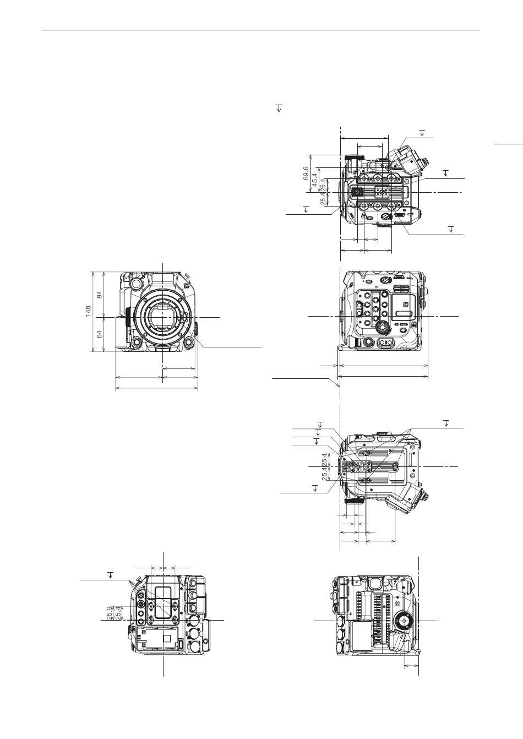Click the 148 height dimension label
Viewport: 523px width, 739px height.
click(x=88, y=312)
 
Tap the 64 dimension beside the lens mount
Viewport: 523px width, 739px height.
click(x=99, y=334)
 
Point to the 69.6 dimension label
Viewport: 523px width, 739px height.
click(x=306, y=173)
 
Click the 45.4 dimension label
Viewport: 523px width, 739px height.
click(x=315, y=180)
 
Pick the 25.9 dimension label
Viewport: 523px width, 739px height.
click(x=110, y=613)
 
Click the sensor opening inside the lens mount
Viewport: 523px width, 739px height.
click(x=162, y=317)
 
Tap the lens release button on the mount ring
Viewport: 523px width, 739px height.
click(x=185, y=317)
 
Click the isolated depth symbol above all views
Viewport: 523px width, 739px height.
click(x=280, y=108)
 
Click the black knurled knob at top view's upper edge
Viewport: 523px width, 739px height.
click(x=352, y=157)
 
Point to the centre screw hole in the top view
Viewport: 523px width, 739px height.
click(x=382, y=191)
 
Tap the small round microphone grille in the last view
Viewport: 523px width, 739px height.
click(x=398, y=604)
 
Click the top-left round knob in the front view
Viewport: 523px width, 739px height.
click(x=135, y=282)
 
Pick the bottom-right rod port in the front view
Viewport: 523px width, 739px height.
click(x=189, y=341)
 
